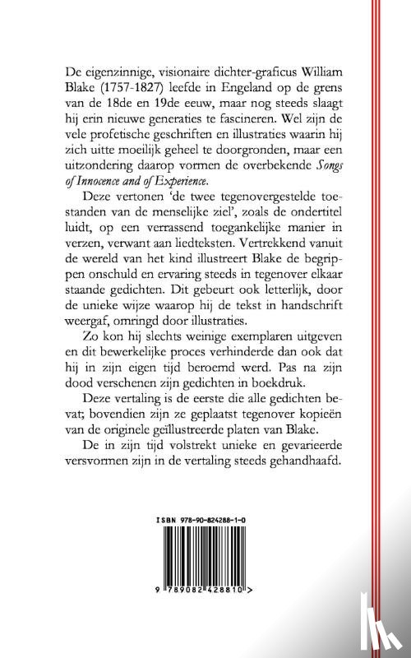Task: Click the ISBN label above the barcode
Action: (167, 521)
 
